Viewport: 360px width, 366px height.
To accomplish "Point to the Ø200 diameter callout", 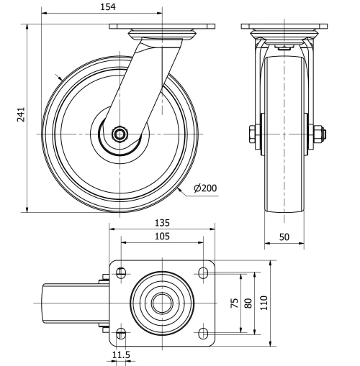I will pos(204,189).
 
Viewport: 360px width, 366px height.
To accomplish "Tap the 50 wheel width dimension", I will pos(284,236).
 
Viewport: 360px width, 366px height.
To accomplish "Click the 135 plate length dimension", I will pos(162,222).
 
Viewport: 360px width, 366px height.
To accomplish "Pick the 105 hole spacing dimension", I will pos(162,237).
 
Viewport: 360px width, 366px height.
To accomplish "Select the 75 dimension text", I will pos(233,303).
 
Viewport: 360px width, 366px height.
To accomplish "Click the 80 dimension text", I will pos(248,303).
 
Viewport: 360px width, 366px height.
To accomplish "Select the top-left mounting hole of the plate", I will pos(120,273).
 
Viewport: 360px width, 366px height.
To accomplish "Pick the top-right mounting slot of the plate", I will pos(204,273).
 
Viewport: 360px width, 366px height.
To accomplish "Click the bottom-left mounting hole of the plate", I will pos(120,332).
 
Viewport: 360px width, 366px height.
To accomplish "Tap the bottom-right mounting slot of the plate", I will pos(204,332).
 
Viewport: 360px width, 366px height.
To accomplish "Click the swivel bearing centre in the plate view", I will pos(162,303).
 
